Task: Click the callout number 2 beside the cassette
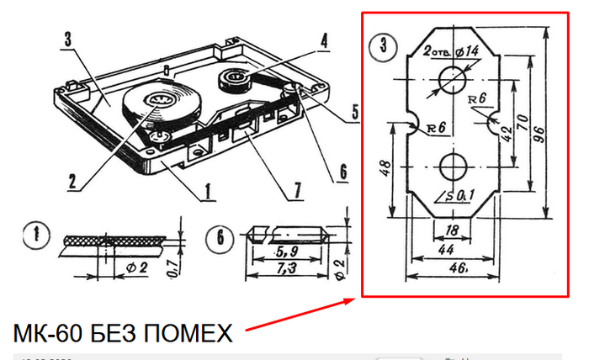tap(72, 180)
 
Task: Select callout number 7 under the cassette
tap(297, 190)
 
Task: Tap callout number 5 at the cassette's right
tap(355, 111)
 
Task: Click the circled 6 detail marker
tap(220, 238)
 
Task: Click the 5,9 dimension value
tap(287, 251)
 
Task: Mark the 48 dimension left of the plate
tap(384, 168)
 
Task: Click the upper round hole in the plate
tap(453, 80)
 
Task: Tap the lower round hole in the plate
tap(453, 166)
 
